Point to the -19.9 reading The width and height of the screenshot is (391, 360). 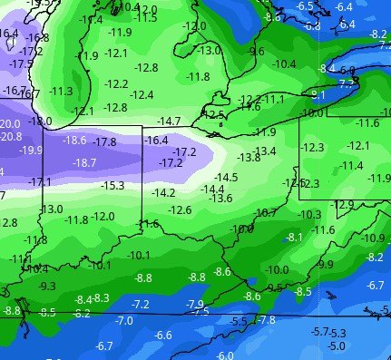31,150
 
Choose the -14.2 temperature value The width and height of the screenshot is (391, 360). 164,192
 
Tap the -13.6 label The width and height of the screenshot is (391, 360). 220,198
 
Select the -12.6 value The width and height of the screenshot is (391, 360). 180,209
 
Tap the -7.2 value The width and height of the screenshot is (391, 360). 141,303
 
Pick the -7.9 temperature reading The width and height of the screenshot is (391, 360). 194,303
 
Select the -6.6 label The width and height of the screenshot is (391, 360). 163,335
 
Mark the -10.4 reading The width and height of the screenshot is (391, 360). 284,63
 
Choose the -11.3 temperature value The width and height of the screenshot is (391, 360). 62,91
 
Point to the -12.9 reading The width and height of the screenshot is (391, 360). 344,204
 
